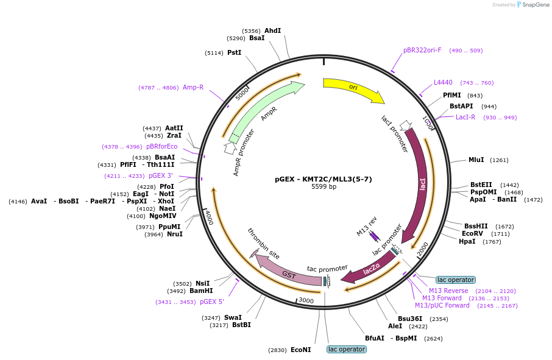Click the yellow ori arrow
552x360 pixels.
[x=353, y=89]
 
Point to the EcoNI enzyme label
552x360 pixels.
[x=300, y=350]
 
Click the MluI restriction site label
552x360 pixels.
[x=476, y=160]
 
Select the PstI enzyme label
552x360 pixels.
[x=235, y=52]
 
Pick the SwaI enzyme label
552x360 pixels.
[x=233, y=317]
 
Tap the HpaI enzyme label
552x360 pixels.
[x=467, y=241]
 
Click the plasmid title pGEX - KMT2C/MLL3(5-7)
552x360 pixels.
[x=323, y=178]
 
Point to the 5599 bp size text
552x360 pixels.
[x=324, y=186]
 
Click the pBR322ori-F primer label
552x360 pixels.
[x=422, y=50]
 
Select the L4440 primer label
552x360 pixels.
[x=443, y=82]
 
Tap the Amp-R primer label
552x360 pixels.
[x=193, y=87]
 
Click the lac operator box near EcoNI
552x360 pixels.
[x=347, y=349]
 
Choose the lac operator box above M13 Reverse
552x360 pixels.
[x=456, y=280]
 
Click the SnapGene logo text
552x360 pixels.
[x=536, y=5]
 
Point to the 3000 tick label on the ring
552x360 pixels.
[x=306, y=300]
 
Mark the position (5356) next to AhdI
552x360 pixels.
[x=252, y=31]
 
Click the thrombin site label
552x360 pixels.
[x=264, y=244]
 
